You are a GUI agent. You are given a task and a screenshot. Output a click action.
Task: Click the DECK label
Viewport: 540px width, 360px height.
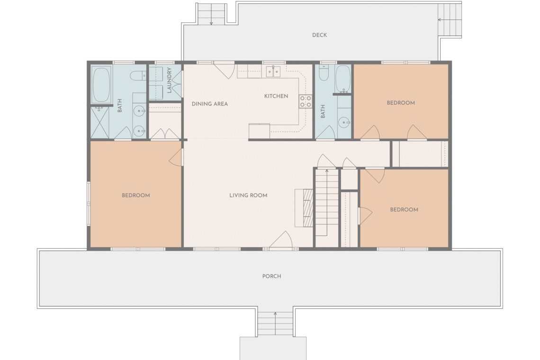coord(319,35)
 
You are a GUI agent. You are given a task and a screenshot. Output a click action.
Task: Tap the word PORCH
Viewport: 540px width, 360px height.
coord(272,276)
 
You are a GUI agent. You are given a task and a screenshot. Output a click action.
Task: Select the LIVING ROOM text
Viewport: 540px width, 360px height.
coord(248,195)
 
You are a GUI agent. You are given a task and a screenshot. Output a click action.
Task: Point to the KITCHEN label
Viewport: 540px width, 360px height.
coord(276,96)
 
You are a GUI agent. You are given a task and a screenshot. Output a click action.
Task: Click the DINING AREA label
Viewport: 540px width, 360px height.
coord(210,104)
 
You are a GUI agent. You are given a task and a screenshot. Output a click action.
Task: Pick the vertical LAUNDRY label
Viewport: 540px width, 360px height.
coord(169,80)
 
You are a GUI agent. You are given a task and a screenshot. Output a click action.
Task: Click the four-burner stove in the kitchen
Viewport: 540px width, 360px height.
coord(306,101)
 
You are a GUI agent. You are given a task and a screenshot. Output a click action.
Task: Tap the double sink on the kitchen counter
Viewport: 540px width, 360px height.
coord(273,72)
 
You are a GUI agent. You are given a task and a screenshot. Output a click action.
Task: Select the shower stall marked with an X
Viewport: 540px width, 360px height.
coord(100,123)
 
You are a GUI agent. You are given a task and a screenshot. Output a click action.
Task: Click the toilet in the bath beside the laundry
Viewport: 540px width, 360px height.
coord(138,75)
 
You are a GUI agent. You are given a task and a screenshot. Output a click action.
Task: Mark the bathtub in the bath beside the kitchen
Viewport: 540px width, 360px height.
coord(342,79)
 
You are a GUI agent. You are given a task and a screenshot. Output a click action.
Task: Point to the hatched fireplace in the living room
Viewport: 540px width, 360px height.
coord(304,208)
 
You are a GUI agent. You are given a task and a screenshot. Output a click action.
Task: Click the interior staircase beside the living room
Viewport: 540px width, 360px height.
coord(327,202)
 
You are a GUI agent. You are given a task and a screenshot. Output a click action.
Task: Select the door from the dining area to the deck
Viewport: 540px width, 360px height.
coord(225,70)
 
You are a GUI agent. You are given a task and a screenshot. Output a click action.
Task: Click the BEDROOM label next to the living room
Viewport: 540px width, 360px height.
coord(136,195)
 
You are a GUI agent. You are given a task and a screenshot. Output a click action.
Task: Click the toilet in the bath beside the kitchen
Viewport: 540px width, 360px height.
coord(324,73)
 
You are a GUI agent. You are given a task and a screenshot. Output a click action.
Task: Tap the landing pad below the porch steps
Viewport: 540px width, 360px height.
coord(273,348)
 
